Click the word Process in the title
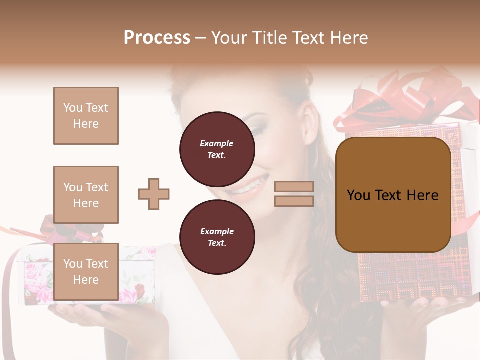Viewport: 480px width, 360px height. click(157, 38)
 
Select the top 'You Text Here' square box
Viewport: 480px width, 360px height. click(86, 116)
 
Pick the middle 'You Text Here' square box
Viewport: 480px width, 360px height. click(86, 195)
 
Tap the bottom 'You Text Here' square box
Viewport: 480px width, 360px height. click(86, 271)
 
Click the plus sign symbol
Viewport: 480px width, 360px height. click(154, 194)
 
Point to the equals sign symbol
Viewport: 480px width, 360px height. click(294, 194)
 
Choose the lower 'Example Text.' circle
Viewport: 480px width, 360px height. click(217, 237)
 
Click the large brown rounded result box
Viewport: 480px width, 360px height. click(393, 195)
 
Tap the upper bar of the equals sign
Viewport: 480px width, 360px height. click(294, 187)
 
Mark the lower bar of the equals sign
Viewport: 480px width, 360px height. click(294, 201)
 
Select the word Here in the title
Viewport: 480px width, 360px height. click(350, 38)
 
